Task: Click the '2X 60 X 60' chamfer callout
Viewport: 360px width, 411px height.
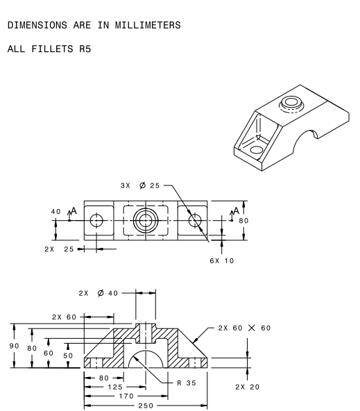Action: pos(243,328)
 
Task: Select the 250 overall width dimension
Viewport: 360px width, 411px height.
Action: pos(146,405)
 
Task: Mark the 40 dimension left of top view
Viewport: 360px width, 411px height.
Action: pos(55,212)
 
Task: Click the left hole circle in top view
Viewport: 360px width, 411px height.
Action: pos(96,221)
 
